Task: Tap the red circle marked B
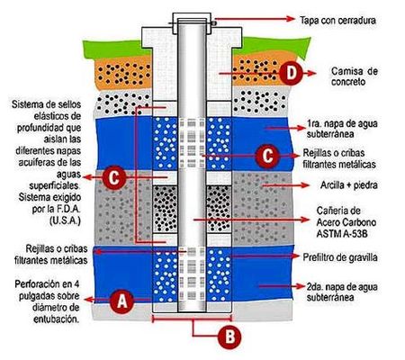coord(229,337)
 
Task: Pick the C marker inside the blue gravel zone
coord(264,156)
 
